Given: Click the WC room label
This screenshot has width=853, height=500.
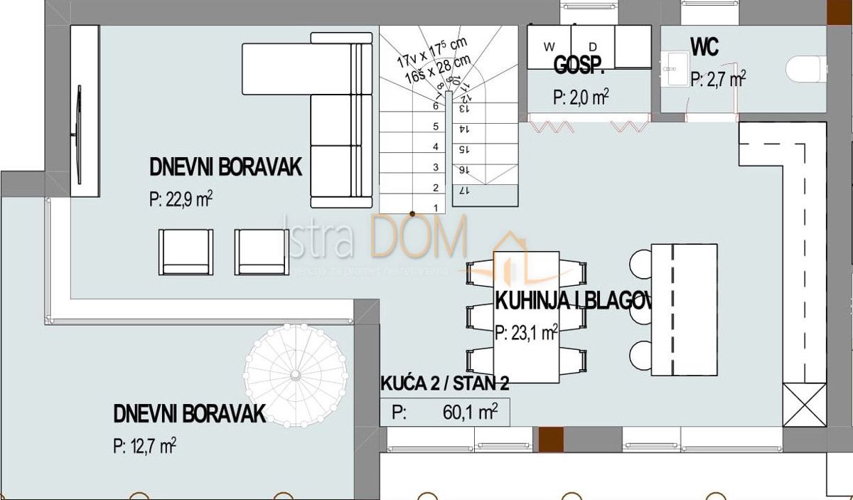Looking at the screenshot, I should click(x=704, y=48).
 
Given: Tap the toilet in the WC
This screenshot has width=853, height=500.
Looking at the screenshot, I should click(x=808, y=70).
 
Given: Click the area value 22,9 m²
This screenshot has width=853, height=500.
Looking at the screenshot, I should click(x=181, y=200).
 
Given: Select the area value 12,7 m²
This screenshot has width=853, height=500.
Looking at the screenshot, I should click(x=144, y=446).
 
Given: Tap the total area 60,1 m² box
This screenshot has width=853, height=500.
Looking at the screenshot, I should click(x=444, y=413).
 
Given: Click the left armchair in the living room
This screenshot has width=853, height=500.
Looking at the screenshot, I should click(x=185, y=252).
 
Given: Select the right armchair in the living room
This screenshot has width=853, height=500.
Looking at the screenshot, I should click(x=261, y=252).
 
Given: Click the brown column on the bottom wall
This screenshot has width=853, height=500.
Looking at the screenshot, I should click(x=550, y=439).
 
